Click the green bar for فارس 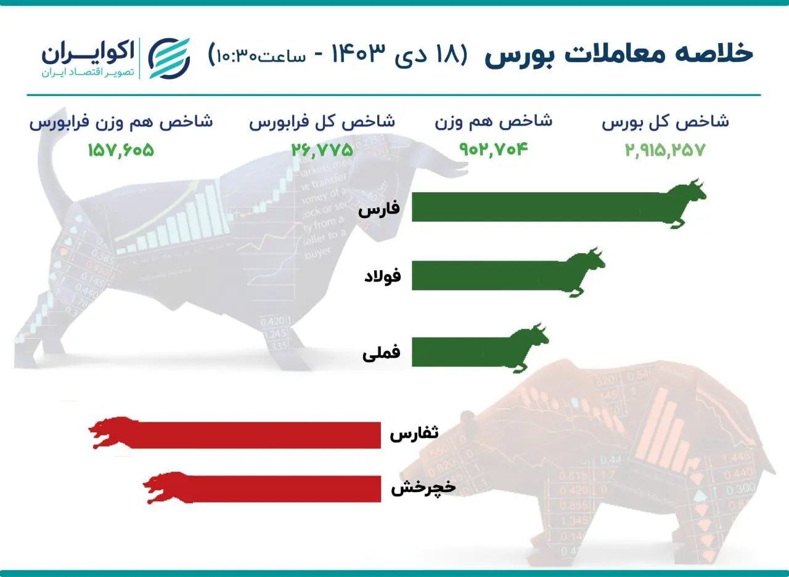[x=536, y=207]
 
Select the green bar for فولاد [x=487, y=275]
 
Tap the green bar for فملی [x=459, y=352]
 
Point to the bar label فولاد [x=382, y=276]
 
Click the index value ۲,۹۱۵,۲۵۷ [x=664, y=150]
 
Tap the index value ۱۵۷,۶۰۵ [x=121, y=150]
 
